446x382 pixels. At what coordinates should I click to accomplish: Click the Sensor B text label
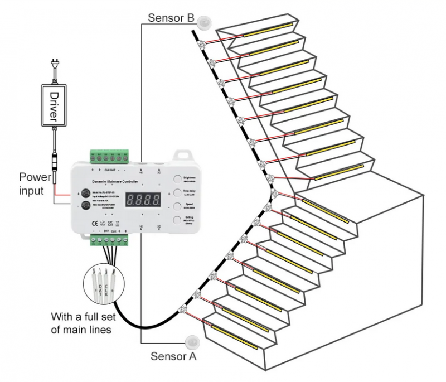coord(170,17)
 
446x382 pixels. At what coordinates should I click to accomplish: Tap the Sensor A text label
coord(173,355)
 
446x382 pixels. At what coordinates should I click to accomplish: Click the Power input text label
coord(36,183)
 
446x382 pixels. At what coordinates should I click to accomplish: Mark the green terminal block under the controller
coord(110,240)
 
